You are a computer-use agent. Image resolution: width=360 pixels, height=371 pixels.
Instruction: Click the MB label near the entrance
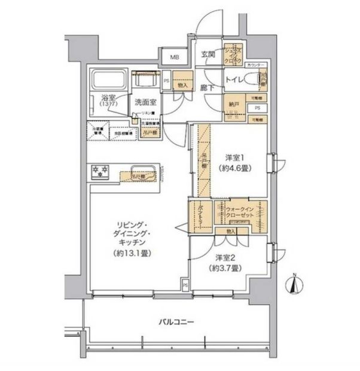pos(175,57)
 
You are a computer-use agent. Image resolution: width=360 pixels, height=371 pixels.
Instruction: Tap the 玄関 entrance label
pos(208,54)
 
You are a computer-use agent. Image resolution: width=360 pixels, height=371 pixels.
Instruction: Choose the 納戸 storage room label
pos(234,103)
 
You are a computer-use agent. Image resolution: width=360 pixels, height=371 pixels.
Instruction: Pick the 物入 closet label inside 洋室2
pos(230,231)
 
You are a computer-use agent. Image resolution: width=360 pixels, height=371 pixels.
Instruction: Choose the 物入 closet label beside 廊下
pos(183,86)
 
